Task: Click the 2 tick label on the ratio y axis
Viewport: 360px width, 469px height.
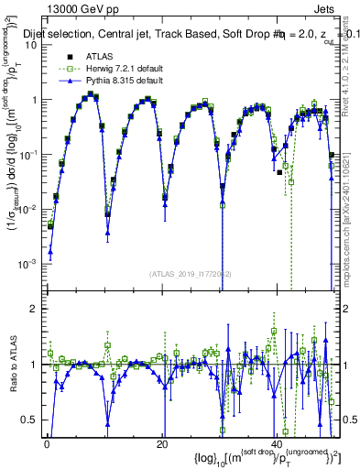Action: pyautogui.click(x=35, y=309)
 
